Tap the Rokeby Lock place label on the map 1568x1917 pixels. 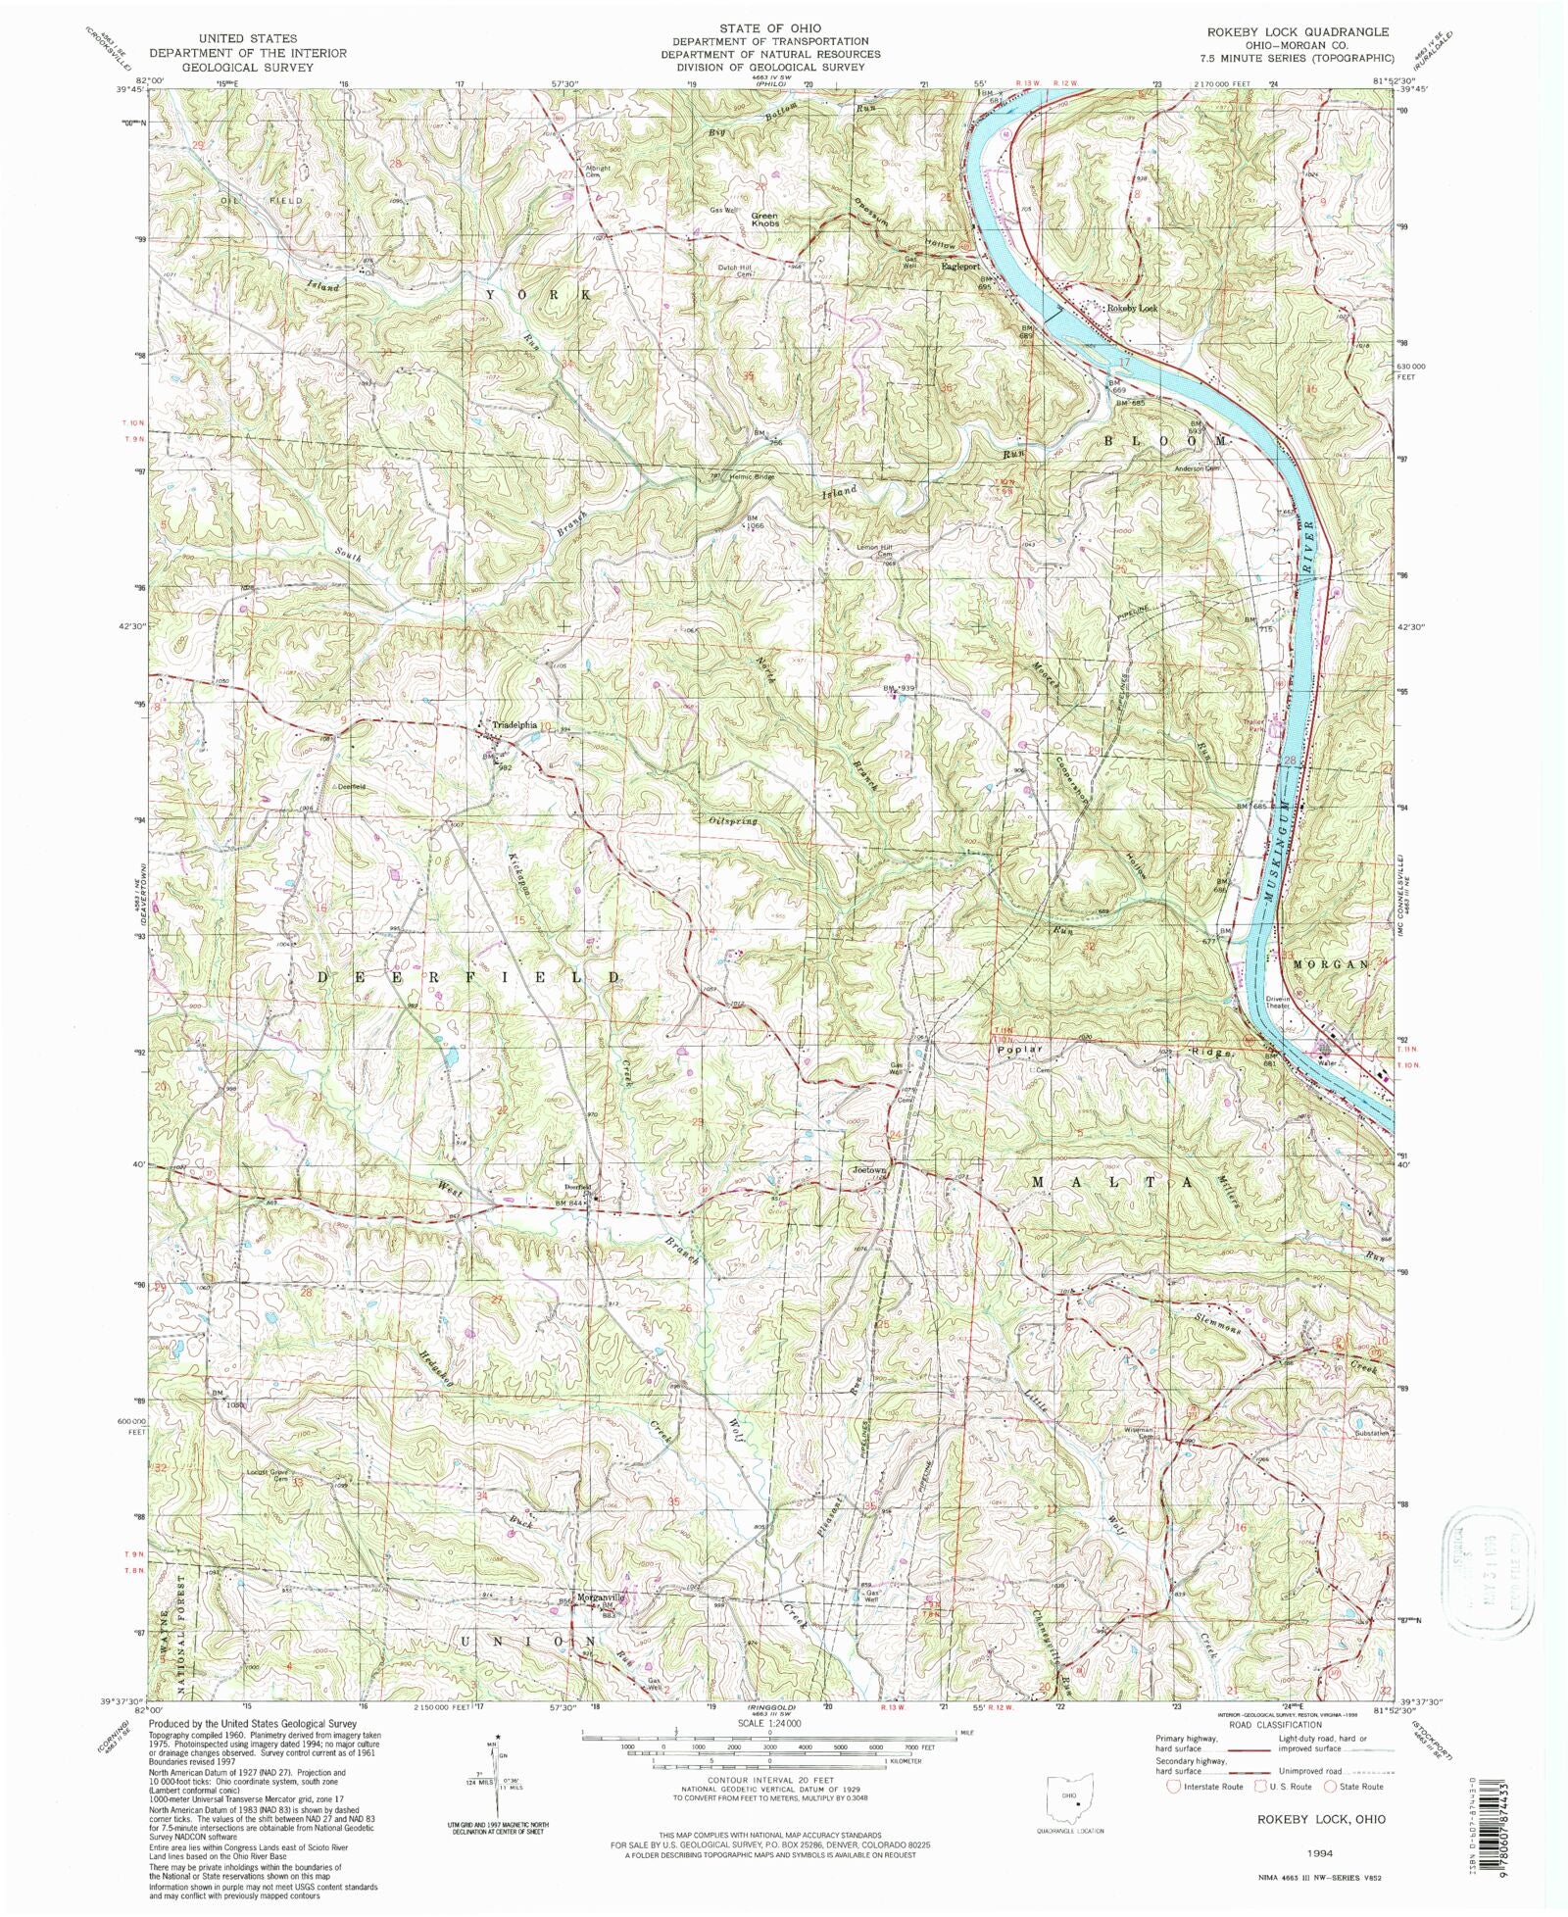pyautogui.click(x=1132, y=308)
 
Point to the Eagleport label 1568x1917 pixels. pyautogui.click(x=959, y=266)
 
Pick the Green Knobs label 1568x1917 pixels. pyautogui.click(x=764, y=220)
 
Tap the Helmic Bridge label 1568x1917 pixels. pyautogui.click(x=750, y=477)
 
